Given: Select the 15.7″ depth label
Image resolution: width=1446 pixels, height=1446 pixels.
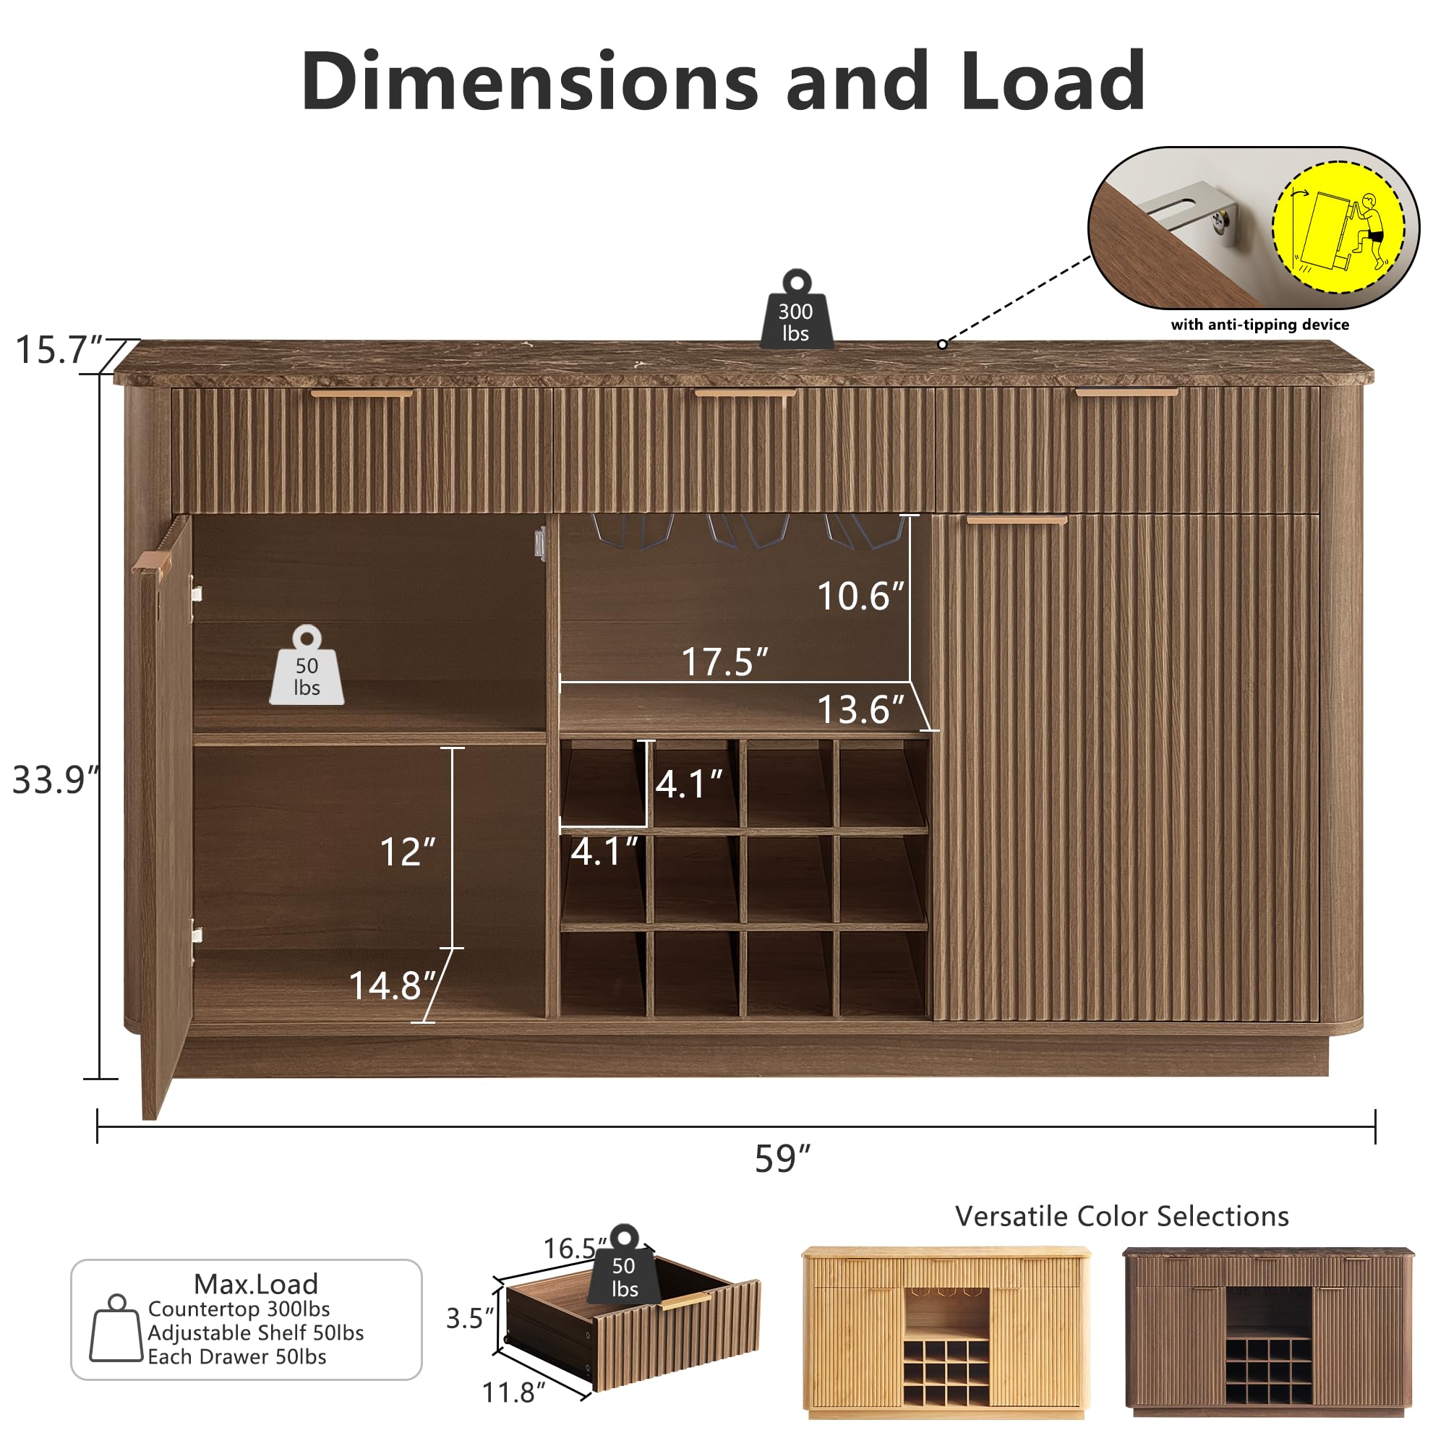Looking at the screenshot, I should click(59, 349).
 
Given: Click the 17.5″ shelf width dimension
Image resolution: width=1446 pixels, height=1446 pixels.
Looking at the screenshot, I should click(724, 662).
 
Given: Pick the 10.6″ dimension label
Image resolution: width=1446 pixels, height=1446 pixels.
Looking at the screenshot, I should click(860, 596).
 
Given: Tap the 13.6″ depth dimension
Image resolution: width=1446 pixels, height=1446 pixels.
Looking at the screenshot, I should click(860, 709).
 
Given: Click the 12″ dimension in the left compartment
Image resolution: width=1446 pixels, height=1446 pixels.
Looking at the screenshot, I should click(407, 852).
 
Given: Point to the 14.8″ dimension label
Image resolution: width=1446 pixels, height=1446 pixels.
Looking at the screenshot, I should click(392, 985).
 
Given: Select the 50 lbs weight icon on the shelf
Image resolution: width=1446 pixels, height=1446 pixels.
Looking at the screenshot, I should click(307, 667).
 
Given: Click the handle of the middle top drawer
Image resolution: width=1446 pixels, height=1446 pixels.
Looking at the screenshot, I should click(745, 393).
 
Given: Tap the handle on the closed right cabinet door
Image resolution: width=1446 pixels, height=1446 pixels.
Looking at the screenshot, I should click(1017, 520).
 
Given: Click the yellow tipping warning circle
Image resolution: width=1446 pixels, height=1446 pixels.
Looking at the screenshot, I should click(1338, 227).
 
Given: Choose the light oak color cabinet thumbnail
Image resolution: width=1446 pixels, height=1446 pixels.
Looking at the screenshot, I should click(945, 1332).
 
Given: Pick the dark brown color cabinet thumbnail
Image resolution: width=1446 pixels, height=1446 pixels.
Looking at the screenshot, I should click(1269, 1332).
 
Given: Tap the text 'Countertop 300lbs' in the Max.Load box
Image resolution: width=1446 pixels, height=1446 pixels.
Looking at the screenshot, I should click(239, 1309).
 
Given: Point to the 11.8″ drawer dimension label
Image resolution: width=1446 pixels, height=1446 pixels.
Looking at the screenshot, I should click(513, 1393).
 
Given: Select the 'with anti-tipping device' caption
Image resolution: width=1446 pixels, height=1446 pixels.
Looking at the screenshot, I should click(1260, 325).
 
